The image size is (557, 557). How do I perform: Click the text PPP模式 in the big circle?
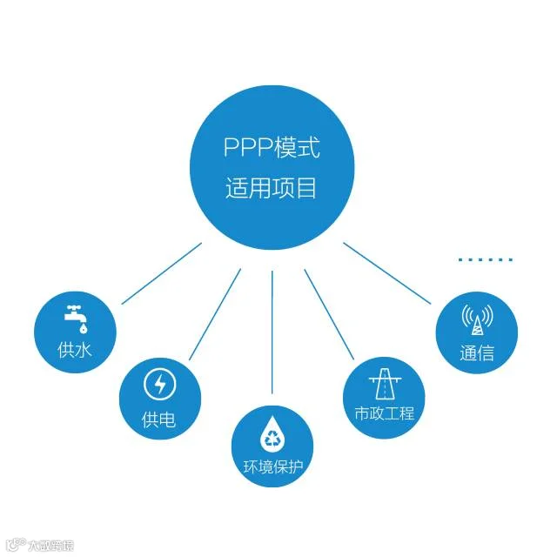[272, 149]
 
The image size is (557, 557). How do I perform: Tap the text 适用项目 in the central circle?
[272, 189]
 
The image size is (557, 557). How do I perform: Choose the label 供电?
[158, 420]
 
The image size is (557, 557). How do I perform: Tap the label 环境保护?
[272, 466]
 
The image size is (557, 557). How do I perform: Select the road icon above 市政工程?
[384, 382]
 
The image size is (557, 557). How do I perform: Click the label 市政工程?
[385, 413]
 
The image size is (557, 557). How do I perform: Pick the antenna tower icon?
[476, 320]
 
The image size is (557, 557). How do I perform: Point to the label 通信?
[476, 353]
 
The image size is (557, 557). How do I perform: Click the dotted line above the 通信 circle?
[486, 258]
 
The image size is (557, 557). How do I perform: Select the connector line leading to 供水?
[162, 273]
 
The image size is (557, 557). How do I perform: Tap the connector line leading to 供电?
[215, 313]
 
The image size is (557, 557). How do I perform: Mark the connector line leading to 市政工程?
[329, 313]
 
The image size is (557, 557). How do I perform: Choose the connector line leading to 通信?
[387, 273]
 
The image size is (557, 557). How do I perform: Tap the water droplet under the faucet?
[82, 328]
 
